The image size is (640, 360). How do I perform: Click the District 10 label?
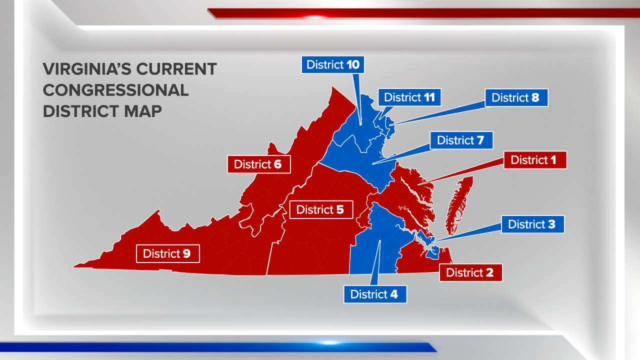[333, 64]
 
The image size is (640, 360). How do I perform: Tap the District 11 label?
[409, 97]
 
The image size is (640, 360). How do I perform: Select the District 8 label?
[516, 97]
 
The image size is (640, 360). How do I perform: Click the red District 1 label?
[534, 160]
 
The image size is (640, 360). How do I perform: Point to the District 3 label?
[532, 224]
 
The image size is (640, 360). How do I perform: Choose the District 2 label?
[470, 272]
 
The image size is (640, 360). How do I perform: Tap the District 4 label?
[374, 294]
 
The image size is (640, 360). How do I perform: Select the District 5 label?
[320, 209]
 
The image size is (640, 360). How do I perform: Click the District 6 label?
[258, 164]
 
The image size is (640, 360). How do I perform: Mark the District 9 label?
[167, 253]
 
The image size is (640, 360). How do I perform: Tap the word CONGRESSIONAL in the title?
[115, 90]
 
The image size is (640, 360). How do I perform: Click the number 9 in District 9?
[186, 253]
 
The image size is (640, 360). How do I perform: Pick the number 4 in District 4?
[394, 294]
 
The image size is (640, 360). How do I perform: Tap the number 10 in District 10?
[353, 64]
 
